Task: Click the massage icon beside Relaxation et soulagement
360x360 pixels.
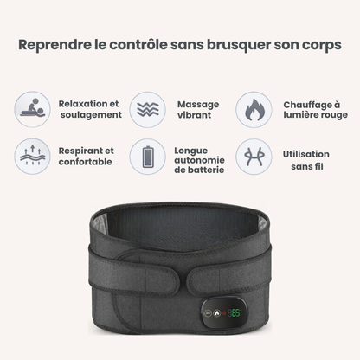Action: pos(32,110)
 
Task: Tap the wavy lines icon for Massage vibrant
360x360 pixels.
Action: pos(147,110)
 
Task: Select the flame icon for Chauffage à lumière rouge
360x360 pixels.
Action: pos(254,110)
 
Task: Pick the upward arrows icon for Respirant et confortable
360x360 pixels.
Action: pos(32,157)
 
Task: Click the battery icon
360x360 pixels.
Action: pos(147,157)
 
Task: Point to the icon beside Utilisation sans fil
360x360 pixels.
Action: pos(254,157)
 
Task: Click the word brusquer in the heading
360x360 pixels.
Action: pos(241,44)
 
